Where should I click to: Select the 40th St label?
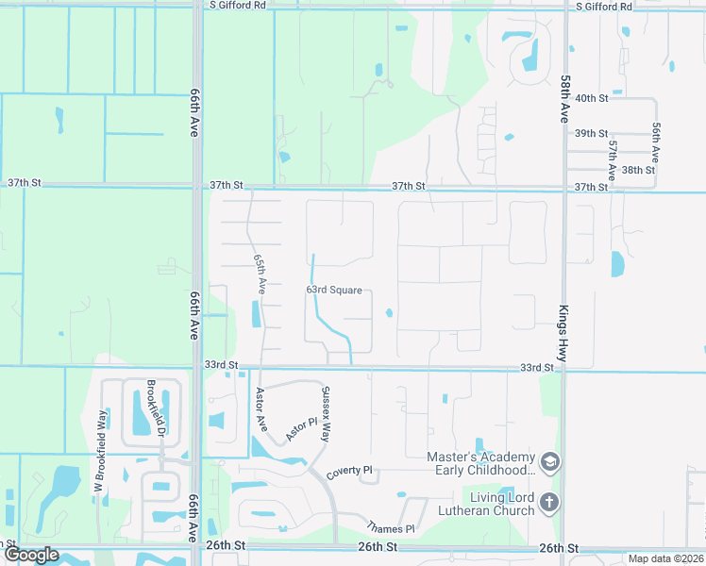click(x=591, y=98)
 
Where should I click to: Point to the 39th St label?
click(x=591, y=134)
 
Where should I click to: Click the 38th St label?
click(x=638, y=170)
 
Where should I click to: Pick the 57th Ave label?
click(x=613, y=160)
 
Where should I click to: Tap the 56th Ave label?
click(x=655, y=141)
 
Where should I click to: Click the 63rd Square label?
click(x=334, y=291)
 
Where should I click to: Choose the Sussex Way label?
click(x=326, y=416)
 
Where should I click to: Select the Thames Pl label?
click(x=391, y=529)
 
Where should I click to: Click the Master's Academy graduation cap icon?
click(x=550, y=462)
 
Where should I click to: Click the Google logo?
click(x=32, y=555)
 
